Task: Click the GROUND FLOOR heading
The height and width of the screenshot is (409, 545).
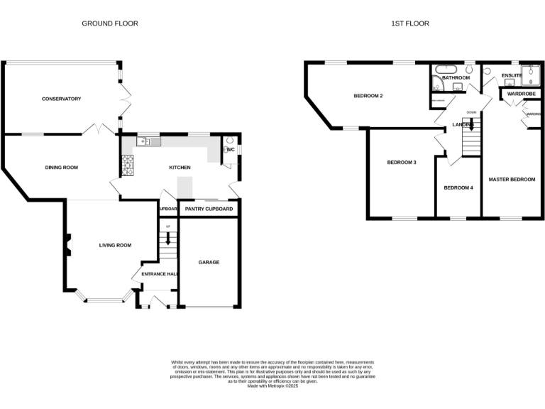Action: pos(110,23)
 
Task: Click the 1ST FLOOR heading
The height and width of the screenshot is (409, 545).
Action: pos(410,23)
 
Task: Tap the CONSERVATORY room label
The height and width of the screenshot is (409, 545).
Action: pos(61,99)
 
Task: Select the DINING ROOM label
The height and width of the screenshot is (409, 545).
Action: pos(61,168)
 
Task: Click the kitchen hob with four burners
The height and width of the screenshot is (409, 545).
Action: pos(128,166)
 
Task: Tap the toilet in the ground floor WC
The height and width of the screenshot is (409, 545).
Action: pos(229,142)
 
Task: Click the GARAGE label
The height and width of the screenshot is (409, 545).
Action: pos(209,262)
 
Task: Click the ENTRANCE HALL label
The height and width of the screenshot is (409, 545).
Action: pos(159,274)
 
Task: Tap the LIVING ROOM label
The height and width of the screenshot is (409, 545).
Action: pos(115,245)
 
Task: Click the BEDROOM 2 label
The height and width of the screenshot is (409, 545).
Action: pos(368,95)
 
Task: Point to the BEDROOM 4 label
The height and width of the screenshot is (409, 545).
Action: pos(458,187)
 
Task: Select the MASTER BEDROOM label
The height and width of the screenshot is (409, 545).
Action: pos(512,180)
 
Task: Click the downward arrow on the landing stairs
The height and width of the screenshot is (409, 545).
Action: pos(471,125)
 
